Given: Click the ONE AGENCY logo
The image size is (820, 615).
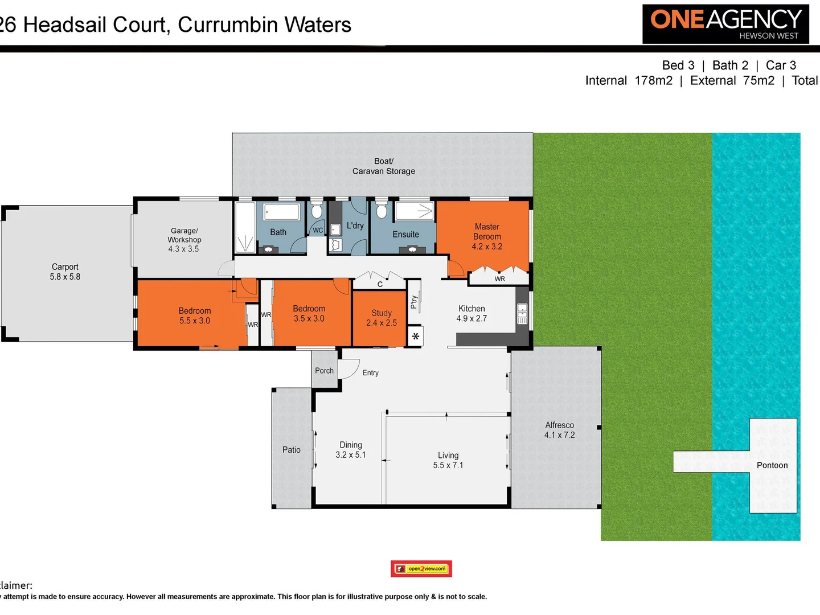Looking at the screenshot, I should click(x=725, y=24).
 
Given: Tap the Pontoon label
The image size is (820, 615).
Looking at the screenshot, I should click(x=772, y=465).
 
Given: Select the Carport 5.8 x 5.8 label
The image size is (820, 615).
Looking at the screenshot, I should click(x=65, y=272).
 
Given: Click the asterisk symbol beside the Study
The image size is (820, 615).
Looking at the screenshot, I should click(x=416, y=336).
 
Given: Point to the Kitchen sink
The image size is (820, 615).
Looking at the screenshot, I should click(x=522, y=313).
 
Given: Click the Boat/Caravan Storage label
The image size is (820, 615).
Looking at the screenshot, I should click(x=383, y=166).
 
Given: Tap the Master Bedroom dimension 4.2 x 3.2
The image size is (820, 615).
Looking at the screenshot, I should click(x=487, y=247).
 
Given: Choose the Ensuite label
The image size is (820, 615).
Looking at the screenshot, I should click(x=405, y=234).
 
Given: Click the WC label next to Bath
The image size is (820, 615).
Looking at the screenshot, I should click(x=318, y=230).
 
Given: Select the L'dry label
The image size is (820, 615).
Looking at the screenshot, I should click(x=355, y=225).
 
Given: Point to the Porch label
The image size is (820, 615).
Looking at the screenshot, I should click(x=324, y=371).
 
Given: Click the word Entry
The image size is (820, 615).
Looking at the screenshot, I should click(x=370, y=373).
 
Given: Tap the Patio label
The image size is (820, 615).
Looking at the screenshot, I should click(x=291, y=450).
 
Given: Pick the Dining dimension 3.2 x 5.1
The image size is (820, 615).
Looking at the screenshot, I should click(x=350, y=455).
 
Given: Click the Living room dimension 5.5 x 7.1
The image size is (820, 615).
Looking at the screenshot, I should click(x=448, y=465).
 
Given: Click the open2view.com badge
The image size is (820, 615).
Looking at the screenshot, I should click(x=421, y=568).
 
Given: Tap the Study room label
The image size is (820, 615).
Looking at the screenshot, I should click(x=381, y=313).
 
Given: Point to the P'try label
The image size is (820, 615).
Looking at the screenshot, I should click(x=414, y=302).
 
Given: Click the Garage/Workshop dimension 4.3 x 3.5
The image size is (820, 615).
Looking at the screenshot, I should click(x=183, y=249).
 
